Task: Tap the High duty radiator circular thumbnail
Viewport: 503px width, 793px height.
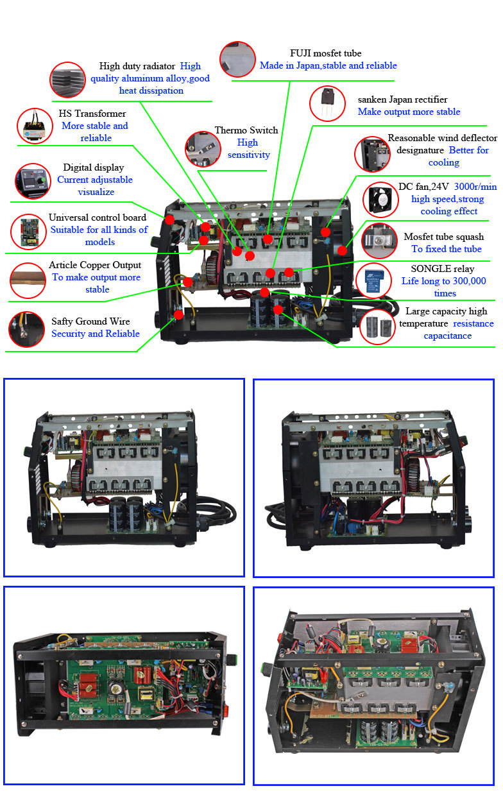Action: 67,80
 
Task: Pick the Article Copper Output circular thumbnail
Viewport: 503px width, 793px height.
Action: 28,280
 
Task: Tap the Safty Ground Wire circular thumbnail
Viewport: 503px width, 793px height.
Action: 26,328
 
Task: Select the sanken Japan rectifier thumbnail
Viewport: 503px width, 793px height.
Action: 328,105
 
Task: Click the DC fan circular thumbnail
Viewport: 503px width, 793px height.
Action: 381,199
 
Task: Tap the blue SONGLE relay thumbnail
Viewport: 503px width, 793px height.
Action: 375,280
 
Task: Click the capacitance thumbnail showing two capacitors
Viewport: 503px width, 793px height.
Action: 378,326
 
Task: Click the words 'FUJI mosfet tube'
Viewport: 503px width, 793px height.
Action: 325,53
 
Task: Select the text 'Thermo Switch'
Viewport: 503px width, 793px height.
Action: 246,130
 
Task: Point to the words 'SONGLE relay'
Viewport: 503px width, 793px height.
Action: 434,269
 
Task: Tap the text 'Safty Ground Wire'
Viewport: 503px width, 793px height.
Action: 90,321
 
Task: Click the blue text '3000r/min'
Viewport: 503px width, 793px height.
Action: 475,187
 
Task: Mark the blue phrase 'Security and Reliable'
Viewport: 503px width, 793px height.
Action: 95,334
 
